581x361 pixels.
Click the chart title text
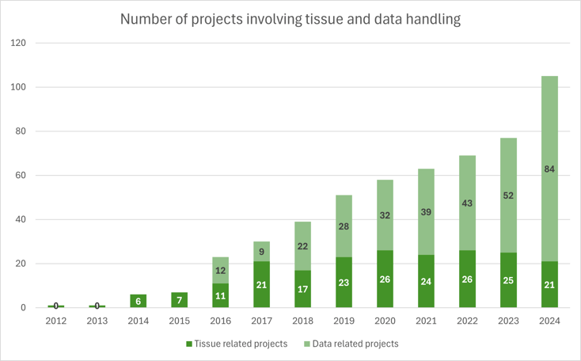pos(290,19)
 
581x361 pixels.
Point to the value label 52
pos(508,196)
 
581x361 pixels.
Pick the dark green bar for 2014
pos(138,301)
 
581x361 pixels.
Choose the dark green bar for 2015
pos(179,300)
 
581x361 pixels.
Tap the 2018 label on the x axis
pos(302,321)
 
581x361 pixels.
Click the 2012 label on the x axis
pos(55,321)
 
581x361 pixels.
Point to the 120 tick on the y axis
pos(18,43)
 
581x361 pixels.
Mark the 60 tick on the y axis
pos(21,175)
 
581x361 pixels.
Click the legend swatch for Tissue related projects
pos(189,344)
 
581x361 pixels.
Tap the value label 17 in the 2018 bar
pos(302,289)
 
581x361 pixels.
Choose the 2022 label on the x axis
pos(467,321)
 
